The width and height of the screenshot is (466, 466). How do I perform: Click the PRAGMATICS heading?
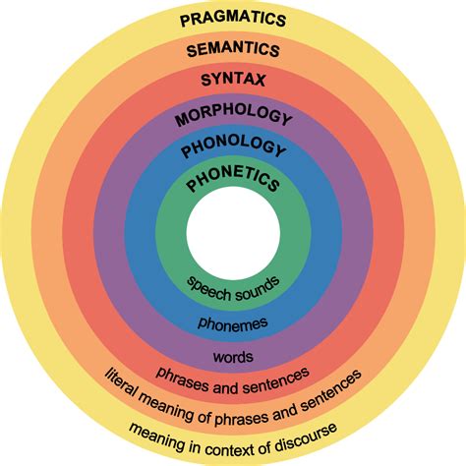coord(233,19)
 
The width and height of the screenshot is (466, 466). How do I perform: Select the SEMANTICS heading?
coord(233,49)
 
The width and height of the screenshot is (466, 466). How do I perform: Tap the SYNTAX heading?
coord(233,80)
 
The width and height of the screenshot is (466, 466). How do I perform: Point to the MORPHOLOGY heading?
coord(233,115)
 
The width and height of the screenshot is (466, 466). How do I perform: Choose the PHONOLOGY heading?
coord(233,146)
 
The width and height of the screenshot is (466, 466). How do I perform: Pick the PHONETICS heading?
coord(233,179)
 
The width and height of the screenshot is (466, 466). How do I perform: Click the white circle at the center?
coord(233,233)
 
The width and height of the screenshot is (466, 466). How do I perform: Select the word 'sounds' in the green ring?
coord(258,289)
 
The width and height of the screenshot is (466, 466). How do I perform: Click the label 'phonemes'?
coord(233,324)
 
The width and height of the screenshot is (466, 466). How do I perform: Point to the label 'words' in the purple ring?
coord(233,356)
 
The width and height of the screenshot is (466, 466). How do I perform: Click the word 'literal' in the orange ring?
coord(120,382)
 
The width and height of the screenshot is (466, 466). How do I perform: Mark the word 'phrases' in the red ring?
coord(182,379)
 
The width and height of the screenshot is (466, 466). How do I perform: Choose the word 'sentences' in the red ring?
coord(276,380)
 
